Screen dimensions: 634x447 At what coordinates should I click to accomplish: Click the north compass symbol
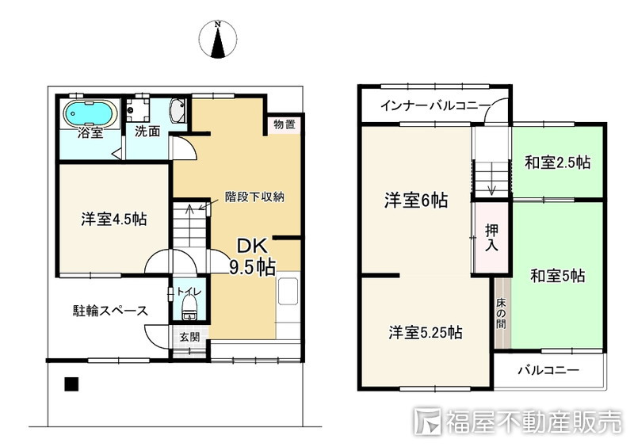218,39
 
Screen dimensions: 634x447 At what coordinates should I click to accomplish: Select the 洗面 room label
147,132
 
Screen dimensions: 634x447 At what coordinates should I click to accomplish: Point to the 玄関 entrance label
189,336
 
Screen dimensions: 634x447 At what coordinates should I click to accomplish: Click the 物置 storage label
285,124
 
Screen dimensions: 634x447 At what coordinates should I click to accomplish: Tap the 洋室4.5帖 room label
113,220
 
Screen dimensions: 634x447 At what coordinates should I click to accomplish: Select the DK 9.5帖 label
252,257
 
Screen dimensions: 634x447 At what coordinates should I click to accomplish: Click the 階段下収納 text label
254,197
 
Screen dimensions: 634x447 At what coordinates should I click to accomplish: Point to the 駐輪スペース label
110,311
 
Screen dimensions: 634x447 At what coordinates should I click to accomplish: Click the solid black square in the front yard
71,384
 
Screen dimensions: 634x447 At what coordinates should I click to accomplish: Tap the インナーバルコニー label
435,106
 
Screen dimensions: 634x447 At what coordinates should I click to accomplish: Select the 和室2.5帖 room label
558,162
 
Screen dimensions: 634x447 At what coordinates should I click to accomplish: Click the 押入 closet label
491,238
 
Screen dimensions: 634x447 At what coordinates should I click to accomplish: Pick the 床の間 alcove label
501,314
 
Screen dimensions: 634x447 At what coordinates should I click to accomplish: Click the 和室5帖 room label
558,276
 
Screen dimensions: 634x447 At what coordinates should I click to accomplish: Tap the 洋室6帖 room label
416,201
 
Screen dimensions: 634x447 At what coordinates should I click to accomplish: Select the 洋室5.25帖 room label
426,332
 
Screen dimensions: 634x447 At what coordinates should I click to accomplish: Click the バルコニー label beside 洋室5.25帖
548,370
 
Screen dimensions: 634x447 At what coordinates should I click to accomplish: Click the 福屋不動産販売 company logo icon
428,422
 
